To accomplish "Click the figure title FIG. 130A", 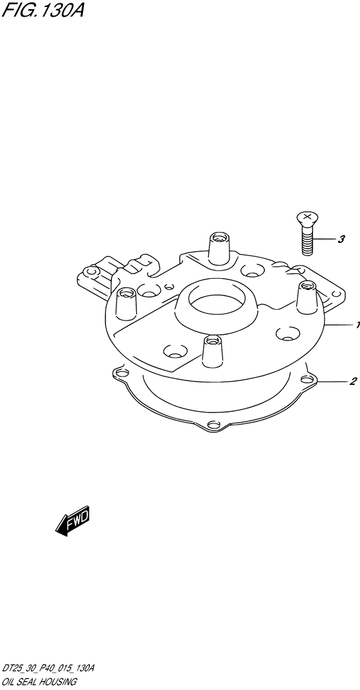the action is pyautogui.click(x=42, y=10).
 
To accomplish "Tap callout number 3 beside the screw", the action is pyautogui.click(x=341, y=240).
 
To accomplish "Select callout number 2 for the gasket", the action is pyautogui.click(x=353, y=382).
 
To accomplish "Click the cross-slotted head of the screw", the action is pyautogui.click(x=308, y=218).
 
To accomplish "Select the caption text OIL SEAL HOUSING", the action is pyautogui.click(x=40, y=682).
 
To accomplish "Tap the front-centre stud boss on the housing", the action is pyautogui.click(x=213, y=351).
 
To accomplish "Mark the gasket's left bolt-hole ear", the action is pyautogui.click(x=122, y=373).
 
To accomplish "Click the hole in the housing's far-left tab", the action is pyautogui.click(x=90, y=272).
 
